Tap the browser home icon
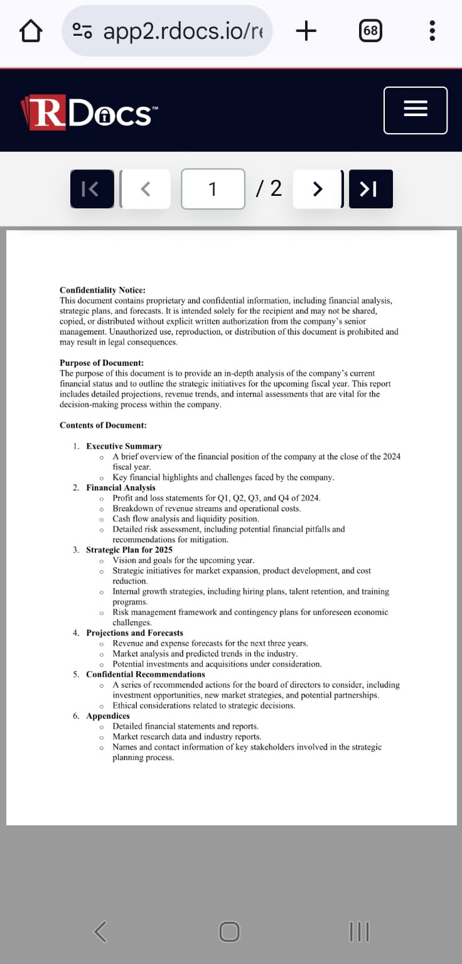point(31,31)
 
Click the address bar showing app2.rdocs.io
point(167,31)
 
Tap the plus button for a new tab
point(306,31)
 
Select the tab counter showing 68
point(371,31)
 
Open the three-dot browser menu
point(432,31)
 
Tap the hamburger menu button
point(415,110)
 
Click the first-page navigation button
point(91,189)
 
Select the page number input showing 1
point(213,189)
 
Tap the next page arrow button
point(318,189)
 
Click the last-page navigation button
point(370,189)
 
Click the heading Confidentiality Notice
point(102,290)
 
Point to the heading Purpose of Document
point(102,363)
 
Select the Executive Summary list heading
point(124,446)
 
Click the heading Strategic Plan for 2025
point(129,550)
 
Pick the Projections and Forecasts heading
point(134,633)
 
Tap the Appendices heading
point(108,716)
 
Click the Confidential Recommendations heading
point(146,674)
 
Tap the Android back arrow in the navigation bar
point(100,931)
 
